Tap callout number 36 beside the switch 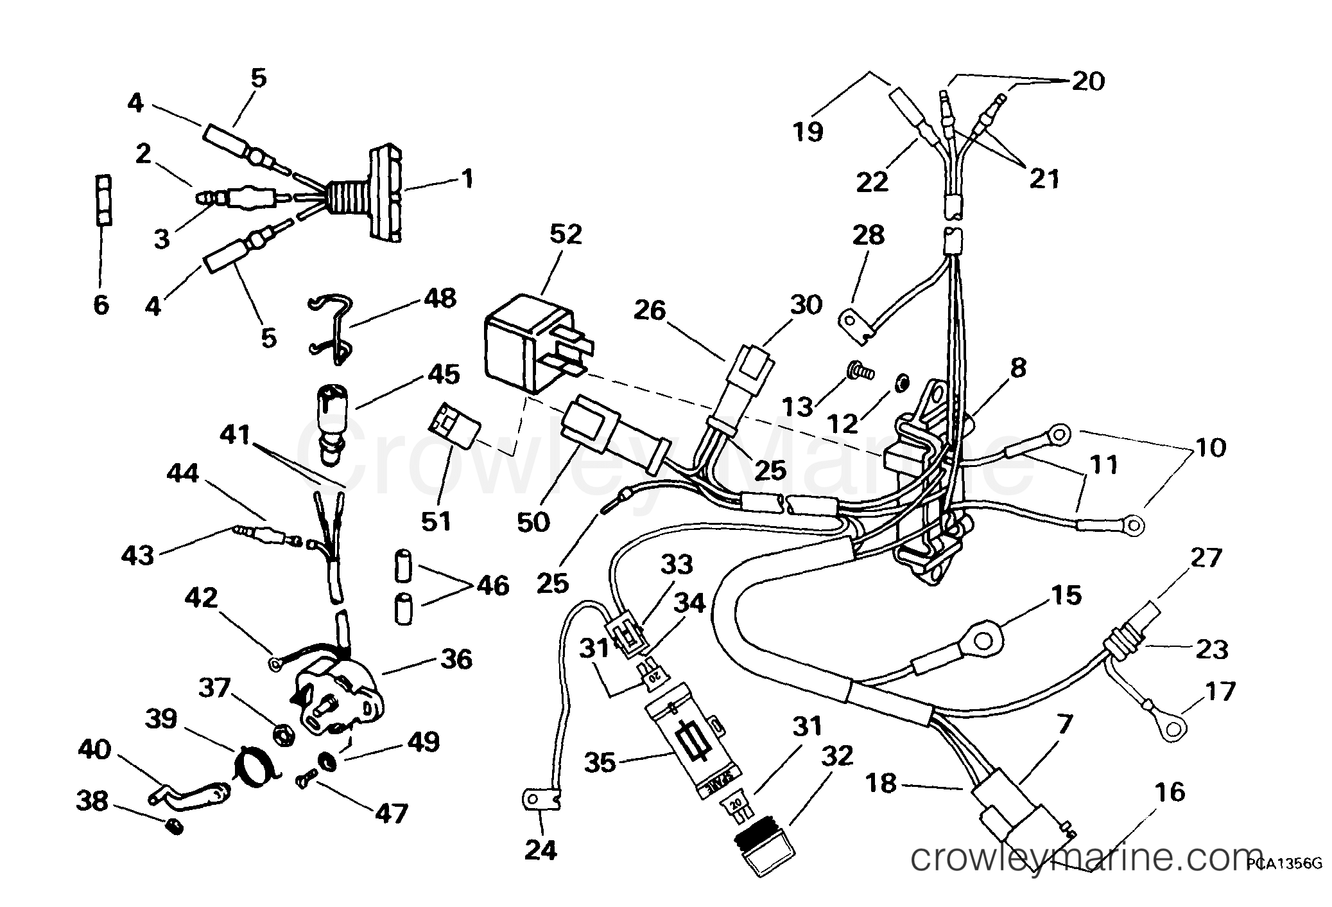pos(456,659)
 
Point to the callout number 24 pos(541,850)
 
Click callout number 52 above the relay pos(566,234)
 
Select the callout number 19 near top pos(807,132)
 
